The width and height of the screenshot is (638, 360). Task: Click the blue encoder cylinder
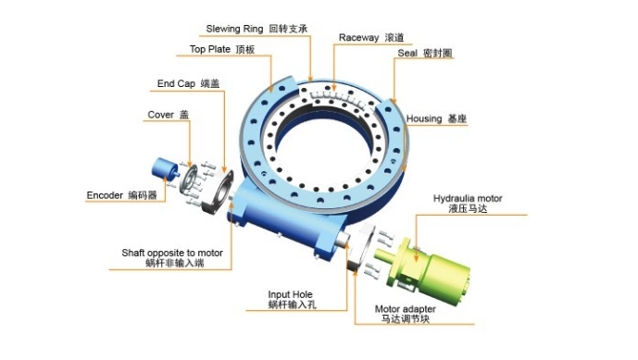[x=166, y=168]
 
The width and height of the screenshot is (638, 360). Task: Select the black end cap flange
[x=219, y=192]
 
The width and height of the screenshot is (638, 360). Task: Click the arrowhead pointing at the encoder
[x=166, y=179]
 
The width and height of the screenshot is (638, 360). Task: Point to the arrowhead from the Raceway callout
[x=333, y=87]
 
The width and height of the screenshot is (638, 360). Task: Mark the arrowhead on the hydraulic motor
[x=416, y=258]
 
